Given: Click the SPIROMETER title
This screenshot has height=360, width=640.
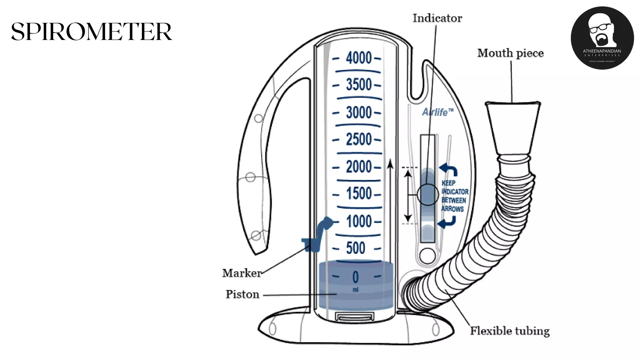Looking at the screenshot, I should pos(91,32).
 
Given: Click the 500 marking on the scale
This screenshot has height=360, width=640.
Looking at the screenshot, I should pos(356,248).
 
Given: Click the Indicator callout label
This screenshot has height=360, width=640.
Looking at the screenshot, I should pos(437,18).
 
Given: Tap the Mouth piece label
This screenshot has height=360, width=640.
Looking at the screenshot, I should pos(510,53).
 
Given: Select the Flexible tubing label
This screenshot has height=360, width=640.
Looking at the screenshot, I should pos(510,331).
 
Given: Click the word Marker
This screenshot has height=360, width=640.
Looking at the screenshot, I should pos(242,273).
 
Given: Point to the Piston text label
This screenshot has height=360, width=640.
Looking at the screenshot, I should pos(242,294).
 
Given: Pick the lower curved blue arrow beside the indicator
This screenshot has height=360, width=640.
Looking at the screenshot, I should pos(447,222).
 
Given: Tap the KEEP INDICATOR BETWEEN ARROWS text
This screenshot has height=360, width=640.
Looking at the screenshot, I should pos(454,196).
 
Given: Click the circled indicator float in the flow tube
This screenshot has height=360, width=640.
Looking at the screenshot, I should pos(427,195).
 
